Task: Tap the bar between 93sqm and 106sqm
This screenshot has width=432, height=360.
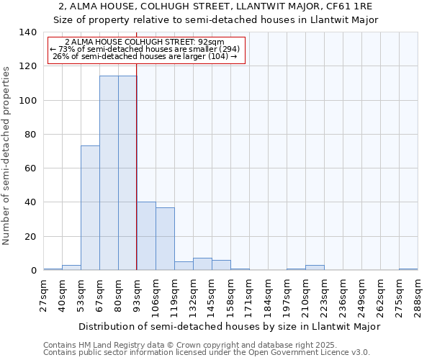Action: click(146, 236)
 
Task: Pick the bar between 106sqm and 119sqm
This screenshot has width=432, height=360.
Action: click(165, 239)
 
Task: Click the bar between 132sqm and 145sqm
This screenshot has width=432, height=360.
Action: click(202, 264)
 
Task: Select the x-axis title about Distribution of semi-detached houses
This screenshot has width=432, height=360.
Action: click(229, 326)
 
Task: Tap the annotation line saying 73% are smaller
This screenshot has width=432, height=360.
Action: click(145, 49)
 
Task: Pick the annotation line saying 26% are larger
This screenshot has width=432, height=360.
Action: click(145, 56)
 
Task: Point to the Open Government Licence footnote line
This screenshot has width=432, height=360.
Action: click(207, 352)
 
